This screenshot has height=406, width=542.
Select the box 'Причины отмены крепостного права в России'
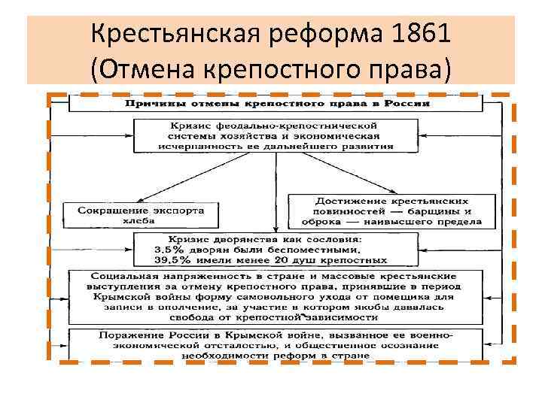coord(277,103)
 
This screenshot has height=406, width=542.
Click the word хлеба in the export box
coord(140,221)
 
